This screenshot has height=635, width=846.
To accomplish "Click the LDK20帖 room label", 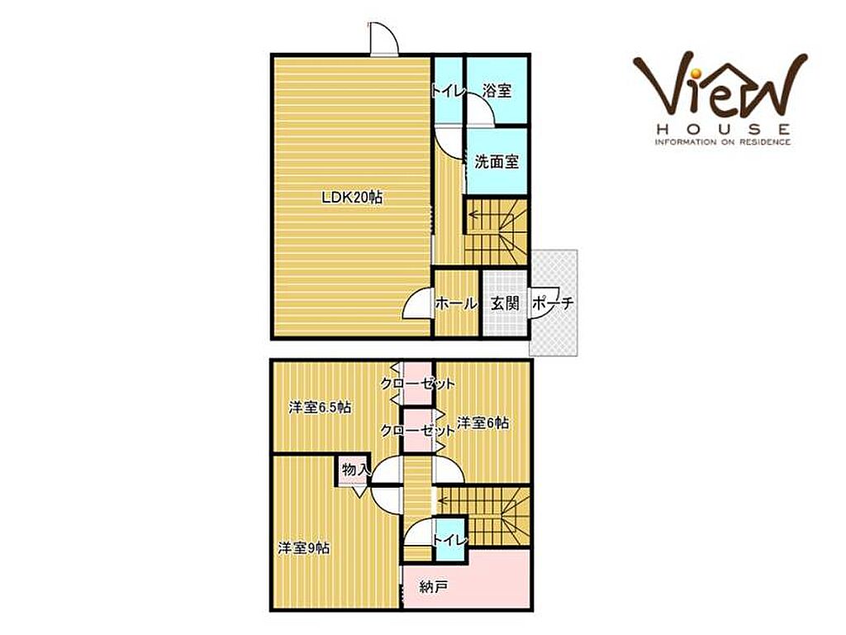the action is [x=352, y=198].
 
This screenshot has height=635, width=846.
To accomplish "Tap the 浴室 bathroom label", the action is [x=497, y=90].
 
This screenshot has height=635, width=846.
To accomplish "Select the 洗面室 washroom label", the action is [x=497, y=161].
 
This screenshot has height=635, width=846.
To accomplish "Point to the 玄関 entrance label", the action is [x=505, y=303].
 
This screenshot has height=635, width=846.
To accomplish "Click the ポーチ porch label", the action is [x=553, y=303].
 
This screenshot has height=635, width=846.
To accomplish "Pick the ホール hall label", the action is [x=456, y=303].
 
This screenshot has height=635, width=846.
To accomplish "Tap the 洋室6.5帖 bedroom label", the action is [x=320, y=407].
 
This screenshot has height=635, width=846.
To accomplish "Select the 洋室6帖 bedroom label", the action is [x=482, y=423].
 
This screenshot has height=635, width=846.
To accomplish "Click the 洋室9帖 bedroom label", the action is [x=304, y=549].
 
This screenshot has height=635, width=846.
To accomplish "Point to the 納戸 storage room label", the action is [x=433, y=587].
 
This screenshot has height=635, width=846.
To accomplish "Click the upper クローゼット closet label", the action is [x=417, y=384].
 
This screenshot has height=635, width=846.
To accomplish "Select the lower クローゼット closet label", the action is [x=417, y=430].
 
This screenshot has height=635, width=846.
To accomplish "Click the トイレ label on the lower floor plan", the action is [x=449, y=539].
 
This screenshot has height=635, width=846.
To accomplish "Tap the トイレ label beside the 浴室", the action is [x=447, y=91].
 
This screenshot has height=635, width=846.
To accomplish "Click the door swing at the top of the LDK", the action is [x=384, y=39].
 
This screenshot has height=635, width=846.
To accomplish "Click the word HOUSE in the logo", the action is [x=723, y=129].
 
